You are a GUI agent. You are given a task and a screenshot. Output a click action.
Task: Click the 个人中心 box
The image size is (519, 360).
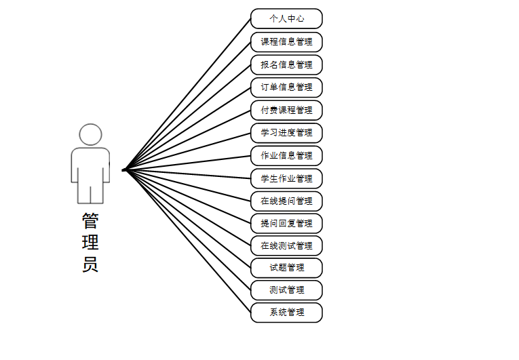pos(286,19)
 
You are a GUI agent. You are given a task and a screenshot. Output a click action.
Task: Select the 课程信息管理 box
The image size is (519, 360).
pos(286,42)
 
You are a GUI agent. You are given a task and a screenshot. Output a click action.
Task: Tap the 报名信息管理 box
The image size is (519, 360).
pos(286,65)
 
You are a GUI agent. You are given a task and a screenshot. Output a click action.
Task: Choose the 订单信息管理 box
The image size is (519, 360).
pos(286,87)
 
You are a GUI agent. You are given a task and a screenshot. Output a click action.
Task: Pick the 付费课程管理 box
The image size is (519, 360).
pos(286,111)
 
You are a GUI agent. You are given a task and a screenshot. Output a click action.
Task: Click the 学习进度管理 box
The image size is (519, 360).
pos(286,133)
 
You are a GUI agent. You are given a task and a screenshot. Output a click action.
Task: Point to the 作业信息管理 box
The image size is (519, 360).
pos(286,156)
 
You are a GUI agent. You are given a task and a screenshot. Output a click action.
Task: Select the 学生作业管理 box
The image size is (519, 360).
pos(286,179)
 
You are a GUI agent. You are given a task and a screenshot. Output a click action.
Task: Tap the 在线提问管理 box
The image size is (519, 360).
pos(286,201)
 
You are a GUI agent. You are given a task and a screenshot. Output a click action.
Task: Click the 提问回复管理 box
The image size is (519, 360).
pos(286,224)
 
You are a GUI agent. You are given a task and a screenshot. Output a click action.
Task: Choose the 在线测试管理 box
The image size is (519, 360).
pos(286,245)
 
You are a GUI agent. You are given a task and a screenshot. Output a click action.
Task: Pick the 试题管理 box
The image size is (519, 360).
pos(286,268)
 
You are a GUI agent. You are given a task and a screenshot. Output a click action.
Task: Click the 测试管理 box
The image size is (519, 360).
pos(286,290)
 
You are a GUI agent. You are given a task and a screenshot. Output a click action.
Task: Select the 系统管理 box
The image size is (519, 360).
pos(286,313)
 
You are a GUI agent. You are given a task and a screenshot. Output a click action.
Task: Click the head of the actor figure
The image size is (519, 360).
pos(90,134)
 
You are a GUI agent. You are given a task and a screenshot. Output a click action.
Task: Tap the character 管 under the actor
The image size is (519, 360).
pos(90,220)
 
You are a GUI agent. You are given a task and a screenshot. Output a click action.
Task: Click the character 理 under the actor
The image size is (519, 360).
pos(90,242)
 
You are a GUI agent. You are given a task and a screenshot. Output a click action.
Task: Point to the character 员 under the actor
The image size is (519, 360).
pos(90,264)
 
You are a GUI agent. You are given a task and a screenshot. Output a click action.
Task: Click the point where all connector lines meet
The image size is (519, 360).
pos(125,169)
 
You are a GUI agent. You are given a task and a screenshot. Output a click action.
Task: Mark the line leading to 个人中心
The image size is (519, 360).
pos(188,94)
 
